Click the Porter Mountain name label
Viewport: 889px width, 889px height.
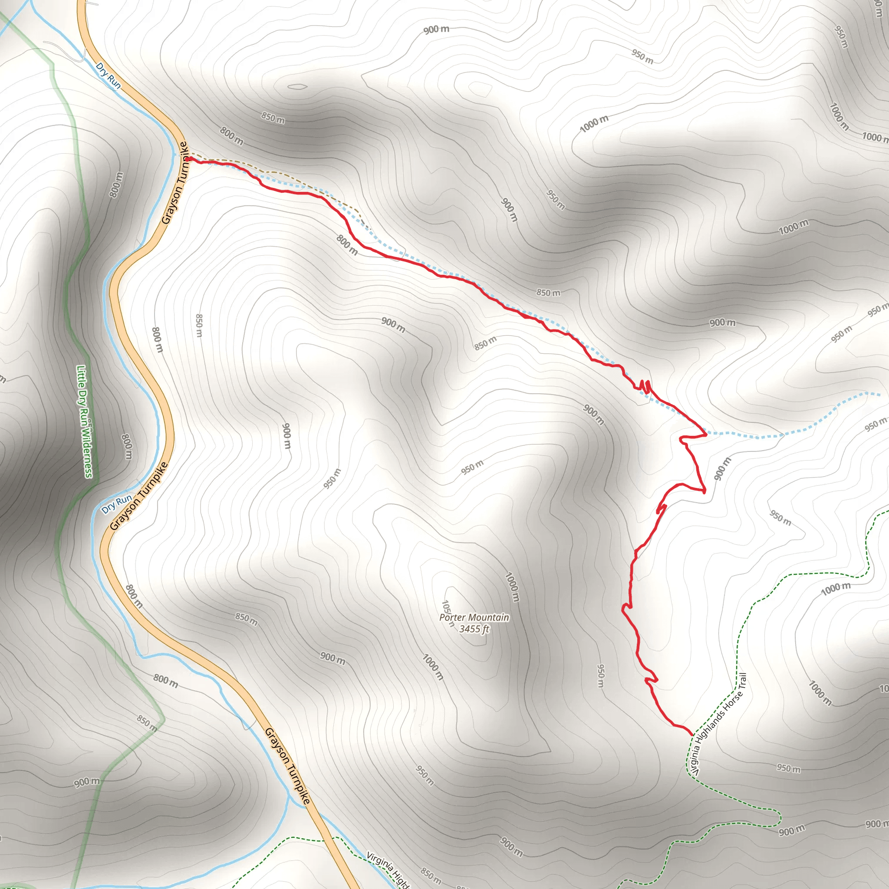(474, 617)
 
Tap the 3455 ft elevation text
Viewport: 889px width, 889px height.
(474, 629)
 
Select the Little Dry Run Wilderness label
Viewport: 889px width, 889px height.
(85, 421)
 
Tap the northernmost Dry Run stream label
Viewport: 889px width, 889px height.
(108, 76)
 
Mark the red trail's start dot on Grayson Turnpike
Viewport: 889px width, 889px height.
(189, 159)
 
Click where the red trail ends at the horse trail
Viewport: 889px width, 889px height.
(691, 734)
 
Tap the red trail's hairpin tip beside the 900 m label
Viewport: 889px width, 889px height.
(704, 491)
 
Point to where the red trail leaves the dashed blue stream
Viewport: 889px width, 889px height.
(705, 433)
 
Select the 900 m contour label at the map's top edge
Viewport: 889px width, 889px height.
(436, 30)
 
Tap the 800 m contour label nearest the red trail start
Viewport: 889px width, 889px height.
(231, 136)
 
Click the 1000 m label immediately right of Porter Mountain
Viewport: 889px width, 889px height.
(512, 587)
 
